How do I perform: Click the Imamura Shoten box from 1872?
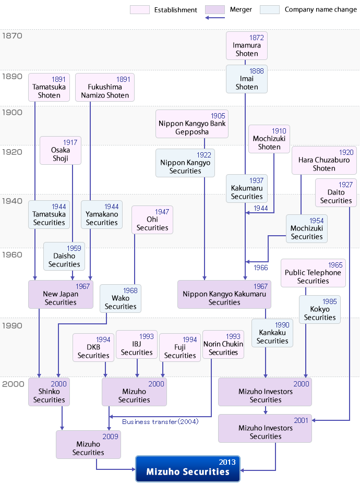(246, 45)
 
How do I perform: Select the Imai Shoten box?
(246, 79)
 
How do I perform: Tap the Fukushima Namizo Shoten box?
(105, 87)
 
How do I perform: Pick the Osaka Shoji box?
(61, 150)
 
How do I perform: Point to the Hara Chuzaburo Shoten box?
(324, 160)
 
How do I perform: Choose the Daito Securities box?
(336, 193)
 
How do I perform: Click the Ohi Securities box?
(152, 220)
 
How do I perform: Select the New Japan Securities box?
(61, 295)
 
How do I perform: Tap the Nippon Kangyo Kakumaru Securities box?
(224, 295)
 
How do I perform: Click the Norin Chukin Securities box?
(223, 345)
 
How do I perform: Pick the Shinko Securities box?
(49, 392)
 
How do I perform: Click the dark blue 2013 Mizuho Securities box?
(188, 468)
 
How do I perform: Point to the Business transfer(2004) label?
(160, 422)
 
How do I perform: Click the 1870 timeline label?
(12, 36)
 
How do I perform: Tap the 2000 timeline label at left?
(13, 384)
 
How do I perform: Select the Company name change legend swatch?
(270, 9)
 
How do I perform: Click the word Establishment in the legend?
(176, 10)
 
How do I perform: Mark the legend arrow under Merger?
(215, 18)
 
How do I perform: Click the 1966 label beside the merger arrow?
(261, 268)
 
